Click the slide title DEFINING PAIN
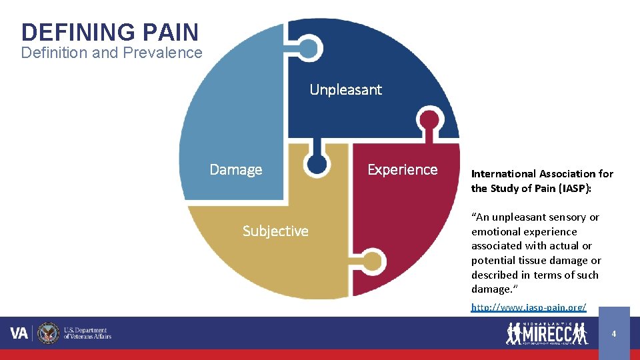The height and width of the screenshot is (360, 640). (x=110, y=32)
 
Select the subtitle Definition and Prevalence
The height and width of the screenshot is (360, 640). (x=111, y=53)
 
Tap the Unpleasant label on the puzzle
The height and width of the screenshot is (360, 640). (x=345, y=90)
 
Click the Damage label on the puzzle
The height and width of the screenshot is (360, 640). (x=236, y=170)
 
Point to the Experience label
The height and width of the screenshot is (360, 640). (x=402, y=170)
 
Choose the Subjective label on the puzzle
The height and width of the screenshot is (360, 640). (x=275, y=231)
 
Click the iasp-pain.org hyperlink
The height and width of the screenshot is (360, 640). (x=529, y=307)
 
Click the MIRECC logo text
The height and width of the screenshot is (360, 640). (x=547, y=334)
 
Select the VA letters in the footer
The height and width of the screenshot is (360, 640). (x=19, y=333)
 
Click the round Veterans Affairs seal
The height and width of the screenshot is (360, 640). (x=48, y=333)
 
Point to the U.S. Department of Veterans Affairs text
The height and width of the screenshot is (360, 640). (x=87, y=333)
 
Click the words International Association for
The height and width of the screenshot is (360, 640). (x=542, y=174)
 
